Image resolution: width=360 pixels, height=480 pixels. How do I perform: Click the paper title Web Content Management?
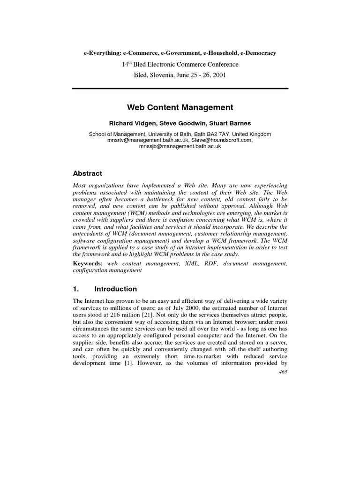click(x=180, y=107)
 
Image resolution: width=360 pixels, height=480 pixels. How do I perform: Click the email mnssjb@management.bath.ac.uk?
click(x=180, y=146)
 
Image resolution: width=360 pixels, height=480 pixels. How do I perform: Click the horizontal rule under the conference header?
click(x=180, y=88)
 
